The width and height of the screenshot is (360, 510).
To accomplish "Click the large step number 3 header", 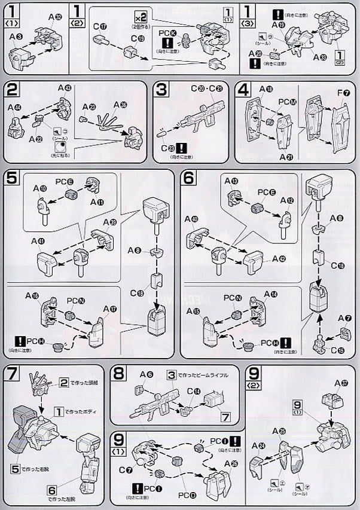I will coord(160,91).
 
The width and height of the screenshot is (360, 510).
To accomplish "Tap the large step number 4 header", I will coord(243,91).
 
